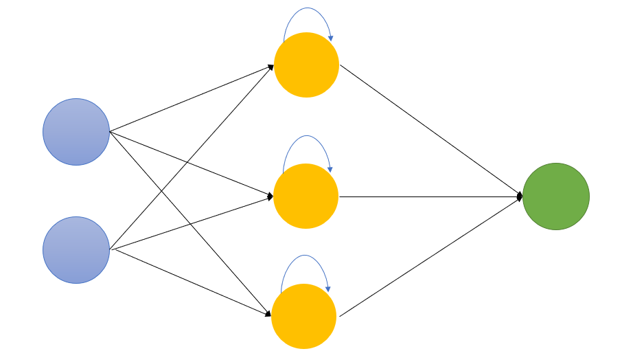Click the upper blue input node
point(76,132)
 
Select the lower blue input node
point(76,250)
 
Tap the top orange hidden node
point(306,65)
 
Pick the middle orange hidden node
point(306,196)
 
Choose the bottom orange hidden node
point(304,317)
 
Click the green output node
point(556,196)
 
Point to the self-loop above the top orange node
point(307,9)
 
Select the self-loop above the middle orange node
point(306,136)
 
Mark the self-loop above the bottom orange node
point(305,256)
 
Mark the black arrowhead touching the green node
point(520,196)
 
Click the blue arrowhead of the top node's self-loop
point(331,38)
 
